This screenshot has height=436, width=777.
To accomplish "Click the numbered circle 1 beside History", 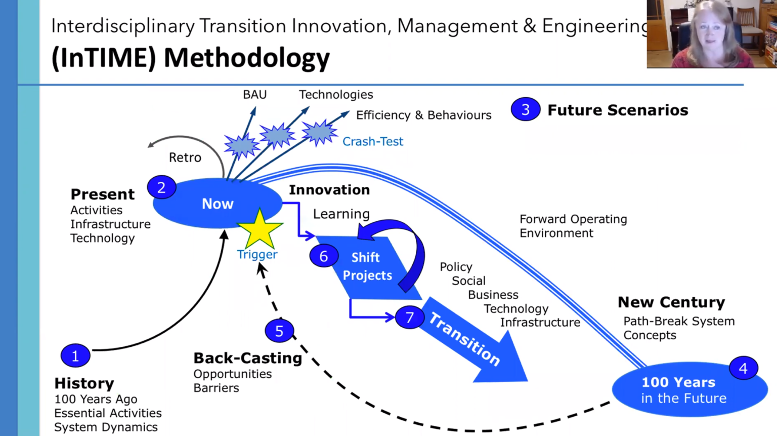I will (x=75, y=355).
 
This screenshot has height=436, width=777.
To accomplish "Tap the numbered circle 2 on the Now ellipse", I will (x=161, y=187).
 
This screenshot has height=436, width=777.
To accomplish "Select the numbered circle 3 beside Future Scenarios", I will (x=526, y=109).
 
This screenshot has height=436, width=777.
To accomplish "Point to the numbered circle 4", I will (x=743, y=368).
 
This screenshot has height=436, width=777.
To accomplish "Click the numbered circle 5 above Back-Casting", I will (x=279, y=331).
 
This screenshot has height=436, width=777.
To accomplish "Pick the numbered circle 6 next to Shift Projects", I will (x=324, y=256).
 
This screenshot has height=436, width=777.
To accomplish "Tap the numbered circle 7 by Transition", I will (x=410, y=318).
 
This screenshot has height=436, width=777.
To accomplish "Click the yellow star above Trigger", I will (x=259, y=229).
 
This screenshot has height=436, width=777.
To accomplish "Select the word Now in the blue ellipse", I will (x=218, y=204).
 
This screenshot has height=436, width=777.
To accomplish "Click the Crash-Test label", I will (x=373, y=141).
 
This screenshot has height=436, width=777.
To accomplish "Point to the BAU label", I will (x=254, y=95).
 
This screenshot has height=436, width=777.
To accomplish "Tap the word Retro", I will (x=185, y=157).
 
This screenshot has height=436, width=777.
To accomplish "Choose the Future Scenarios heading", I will (x=618, y=110).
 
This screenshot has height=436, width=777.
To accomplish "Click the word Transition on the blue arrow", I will (x=465, y=339).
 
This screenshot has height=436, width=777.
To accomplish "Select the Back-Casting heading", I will (x=248, y=358).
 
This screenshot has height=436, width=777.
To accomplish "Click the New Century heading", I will (x=671, y=302).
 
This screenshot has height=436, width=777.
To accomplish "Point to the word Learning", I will (x=341, y=214).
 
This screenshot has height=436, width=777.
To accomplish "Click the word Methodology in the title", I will (x=247, y=58).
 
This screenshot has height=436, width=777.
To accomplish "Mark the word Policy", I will (x=456, y=267).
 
